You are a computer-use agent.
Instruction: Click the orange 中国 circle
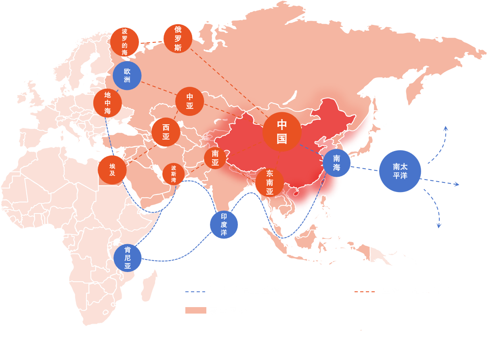point(281,132)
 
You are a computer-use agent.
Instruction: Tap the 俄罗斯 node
point(178,39)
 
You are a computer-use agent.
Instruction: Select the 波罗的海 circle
point(124,42)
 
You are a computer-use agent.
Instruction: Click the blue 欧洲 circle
point(127,75)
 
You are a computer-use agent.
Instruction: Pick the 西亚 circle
point(166,132)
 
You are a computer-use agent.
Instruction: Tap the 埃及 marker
point(112,170)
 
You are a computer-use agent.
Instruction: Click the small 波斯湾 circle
point(173,174)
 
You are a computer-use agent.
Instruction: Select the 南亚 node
point(215,158)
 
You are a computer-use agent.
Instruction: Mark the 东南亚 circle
point(269,182)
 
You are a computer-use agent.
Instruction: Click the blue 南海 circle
point(336,163)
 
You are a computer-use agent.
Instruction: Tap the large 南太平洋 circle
point(400,171)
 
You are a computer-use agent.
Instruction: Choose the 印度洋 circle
point(224,224)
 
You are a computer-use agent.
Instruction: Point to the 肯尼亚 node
point(128,257)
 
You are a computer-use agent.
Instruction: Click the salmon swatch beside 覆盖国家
point(195,310)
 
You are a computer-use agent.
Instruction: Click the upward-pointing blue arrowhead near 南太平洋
point(446,128)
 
